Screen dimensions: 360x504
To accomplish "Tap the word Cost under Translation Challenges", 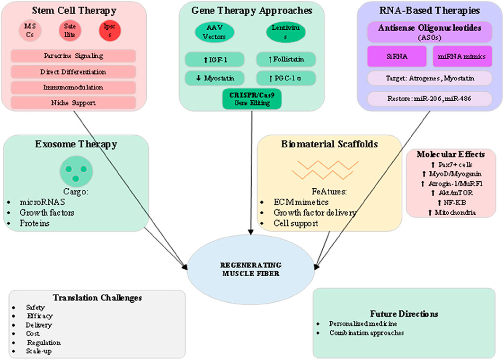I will (x=33, y=334).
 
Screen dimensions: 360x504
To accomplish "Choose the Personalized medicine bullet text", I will (x=363, y=324).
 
